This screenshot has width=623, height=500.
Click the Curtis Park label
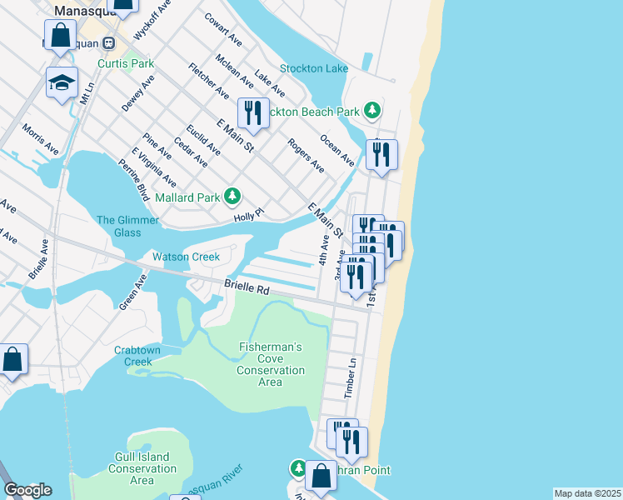click(126, 63)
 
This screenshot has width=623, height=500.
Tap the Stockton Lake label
click(314, 68)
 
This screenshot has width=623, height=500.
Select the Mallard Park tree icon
click(232, 197)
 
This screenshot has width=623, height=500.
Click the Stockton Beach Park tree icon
click(374, 111)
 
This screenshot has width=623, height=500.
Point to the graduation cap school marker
click(62, 82)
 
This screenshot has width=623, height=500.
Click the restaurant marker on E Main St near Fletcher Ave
click(253, 113)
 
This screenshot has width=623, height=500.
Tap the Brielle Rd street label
click(247, 288)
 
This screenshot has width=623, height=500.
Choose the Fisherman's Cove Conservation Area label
click(271, 364)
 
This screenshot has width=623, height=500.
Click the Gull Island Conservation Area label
click(142, 468)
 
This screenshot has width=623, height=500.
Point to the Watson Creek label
click(186, 257)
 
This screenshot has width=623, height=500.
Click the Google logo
click(27, 490)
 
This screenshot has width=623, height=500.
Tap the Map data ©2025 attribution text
click(586, 493)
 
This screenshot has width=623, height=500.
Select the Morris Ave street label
click(41, 139)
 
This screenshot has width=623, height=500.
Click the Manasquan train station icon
click(108, 41)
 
